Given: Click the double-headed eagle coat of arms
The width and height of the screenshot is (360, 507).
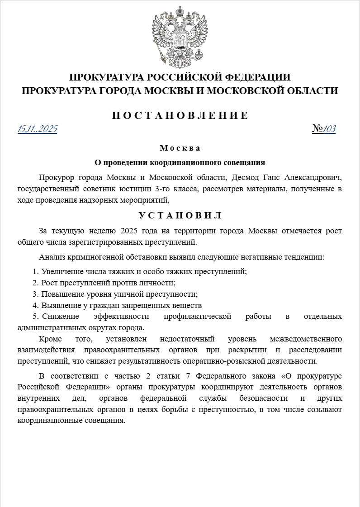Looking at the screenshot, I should coord(180,35).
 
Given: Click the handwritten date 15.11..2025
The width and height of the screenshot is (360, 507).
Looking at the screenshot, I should coord(37,129).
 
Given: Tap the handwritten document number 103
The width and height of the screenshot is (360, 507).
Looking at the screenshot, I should coord(329,129).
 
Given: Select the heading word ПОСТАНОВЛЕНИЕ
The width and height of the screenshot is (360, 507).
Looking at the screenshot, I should coord(180,115).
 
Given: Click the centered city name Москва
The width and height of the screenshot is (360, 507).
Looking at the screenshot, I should coord(180,148).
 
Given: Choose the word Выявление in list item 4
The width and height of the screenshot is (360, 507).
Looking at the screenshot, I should coord(59,305).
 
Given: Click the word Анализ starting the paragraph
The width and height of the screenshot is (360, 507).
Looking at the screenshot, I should coord(51,257).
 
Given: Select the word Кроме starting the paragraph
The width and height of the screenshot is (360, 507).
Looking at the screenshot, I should coord(50,339).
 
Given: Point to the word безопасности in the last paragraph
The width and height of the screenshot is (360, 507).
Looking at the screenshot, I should coord(258,398).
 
